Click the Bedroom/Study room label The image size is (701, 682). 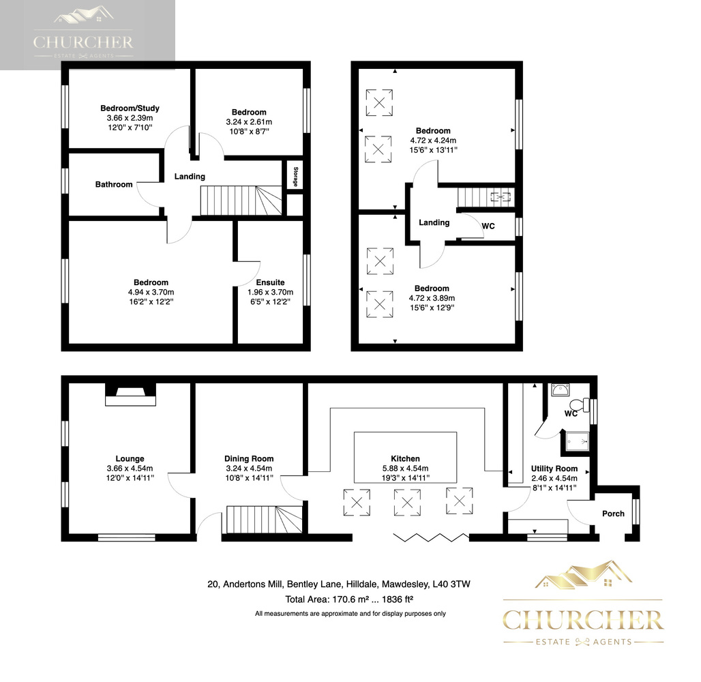130,108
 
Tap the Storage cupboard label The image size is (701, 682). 295,177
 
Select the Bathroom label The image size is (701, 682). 114,184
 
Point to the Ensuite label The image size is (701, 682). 270,282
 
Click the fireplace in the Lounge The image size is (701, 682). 130,394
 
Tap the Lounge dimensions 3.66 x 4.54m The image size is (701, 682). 130,469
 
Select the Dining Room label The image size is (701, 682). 249,458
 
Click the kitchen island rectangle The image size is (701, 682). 406,457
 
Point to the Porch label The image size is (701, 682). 614,514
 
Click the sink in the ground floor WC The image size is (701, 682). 560,390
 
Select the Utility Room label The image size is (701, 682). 554,469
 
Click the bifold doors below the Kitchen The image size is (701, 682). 431,537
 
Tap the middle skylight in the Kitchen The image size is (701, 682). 407,503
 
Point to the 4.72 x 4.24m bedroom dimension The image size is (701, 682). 433,140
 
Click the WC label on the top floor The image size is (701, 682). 488,226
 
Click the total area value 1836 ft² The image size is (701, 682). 398,599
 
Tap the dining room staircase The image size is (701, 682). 264,519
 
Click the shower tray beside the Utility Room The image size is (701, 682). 577,441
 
